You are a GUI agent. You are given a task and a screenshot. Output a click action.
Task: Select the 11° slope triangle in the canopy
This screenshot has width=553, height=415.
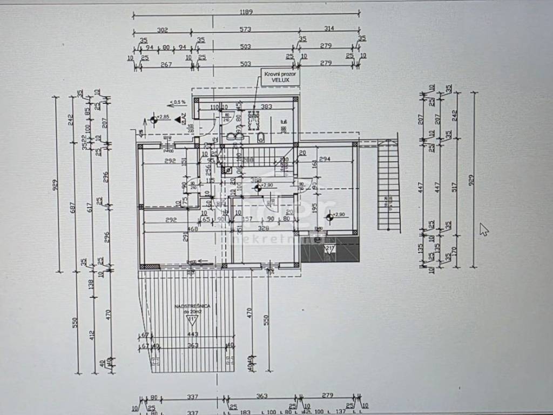point(191,320)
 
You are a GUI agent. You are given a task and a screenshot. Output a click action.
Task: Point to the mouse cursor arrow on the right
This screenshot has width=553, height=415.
point(484,229)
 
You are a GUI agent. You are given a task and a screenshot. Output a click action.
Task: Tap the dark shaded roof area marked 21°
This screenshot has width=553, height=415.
point(330,250)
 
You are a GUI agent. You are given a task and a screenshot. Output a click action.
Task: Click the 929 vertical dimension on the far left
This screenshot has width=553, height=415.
point(55,186)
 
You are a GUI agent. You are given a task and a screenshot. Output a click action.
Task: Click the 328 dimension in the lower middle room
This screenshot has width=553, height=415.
point(264,229)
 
